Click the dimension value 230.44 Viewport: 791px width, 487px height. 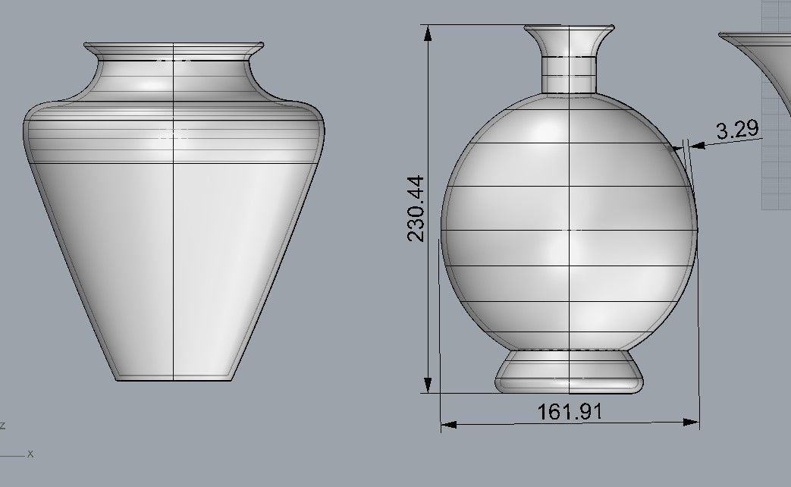point(416,208)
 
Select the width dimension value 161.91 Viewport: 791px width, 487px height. point(570,412)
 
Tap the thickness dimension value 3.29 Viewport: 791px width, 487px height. point(737,129)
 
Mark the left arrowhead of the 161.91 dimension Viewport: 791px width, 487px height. point(448,424)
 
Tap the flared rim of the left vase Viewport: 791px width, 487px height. point(174,48)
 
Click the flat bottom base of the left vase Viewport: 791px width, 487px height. point(174,377)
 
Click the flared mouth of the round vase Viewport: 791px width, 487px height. point(569,34)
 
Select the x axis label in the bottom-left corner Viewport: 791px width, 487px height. point(30,454)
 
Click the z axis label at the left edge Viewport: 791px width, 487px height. point(3,426)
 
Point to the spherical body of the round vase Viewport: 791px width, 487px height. point(569,228)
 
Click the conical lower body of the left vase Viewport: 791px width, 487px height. point(174,265)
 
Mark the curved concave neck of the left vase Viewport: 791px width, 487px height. point(174,76)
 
